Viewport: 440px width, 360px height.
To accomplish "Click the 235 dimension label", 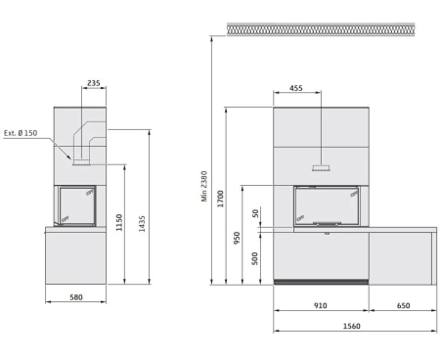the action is click(x=94, y=83).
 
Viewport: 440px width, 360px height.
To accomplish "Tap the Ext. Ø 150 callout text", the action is click(x=21, y=133).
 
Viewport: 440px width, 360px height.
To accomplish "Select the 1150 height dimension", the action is click(x=119, y=222).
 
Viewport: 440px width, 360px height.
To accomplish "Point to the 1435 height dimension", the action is click(x=142, y=224).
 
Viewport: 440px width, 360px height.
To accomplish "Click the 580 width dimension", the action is click(x=76, y=297).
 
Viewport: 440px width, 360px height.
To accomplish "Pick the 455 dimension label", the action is click(x=296, y=88).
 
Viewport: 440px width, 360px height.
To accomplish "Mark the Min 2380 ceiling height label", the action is click(x=204, y=186).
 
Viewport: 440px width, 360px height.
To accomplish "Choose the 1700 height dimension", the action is click(x=221, y=199).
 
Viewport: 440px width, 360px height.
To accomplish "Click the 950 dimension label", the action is click(x=237, y=238).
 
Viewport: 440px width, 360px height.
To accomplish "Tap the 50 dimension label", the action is click(x=255, y=213).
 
